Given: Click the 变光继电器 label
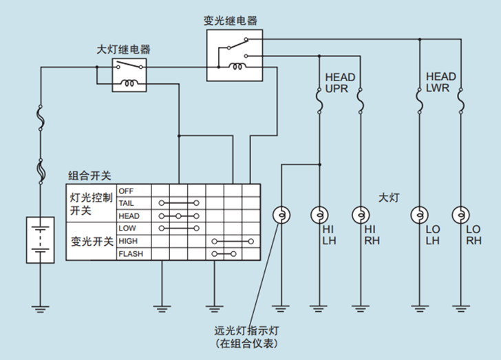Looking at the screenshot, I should [231, 21].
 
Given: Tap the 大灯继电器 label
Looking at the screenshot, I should [124, 50].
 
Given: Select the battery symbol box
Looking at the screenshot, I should [40, 240].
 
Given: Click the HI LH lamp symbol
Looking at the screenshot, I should [319, 215].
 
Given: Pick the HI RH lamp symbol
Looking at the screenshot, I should [360, 215].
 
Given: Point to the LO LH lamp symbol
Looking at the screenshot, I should [418, 215].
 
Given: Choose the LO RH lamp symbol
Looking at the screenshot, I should [459, 215].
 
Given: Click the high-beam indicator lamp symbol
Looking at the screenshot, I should [281, 215].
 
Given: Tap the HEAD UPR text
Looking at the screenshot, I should [340, 84].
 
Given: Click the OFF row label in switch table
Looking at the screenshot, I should [127, 191].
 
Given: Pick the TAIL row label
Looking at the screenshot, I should [127, 203].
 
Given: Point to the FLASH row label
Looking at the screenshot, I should [130, 254].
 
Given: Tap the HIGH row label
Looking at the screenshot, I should [129, 241].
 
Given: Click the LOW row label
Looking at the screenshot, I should [127, 229].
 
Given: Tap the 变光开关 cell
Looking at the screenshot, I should [92, 242].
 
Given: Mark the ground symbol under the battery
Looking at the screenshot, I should [40, 309].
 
